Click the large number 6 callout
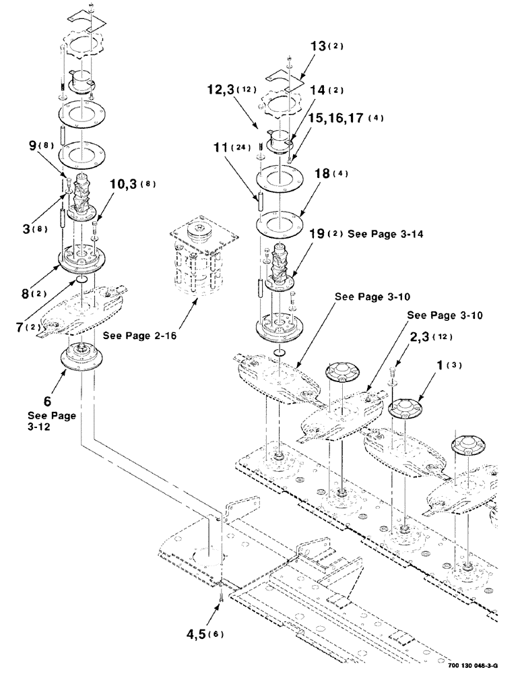(x=46, y=390)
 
